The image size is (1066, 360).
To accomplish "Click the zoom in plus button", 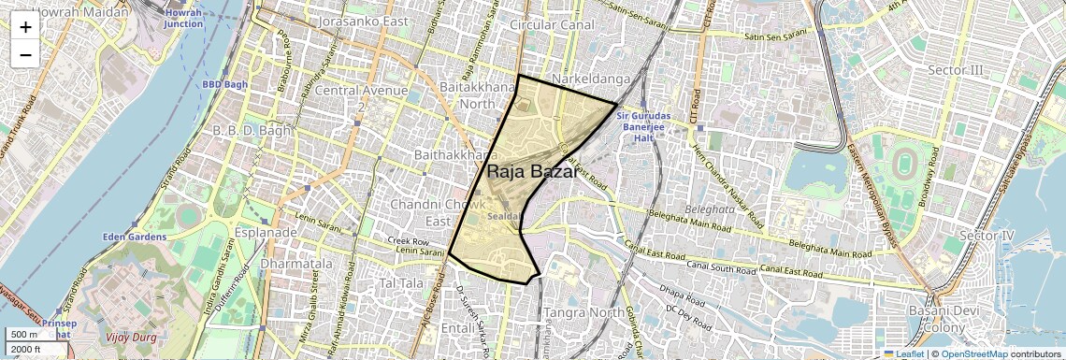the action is pyautogui.click(x=25, y=27).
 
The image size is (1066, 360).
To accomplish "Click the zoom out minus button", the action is pyautogui.click(x=25, y=54).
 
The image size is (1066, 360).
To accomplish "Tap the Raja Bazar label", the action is pyautogui.click(x=531, y=172).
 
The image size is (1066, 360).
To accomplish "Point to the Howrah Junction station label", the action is pyautogui.click(x=183, y=18).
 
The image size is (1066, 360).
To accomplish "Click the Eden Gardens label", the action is pyautogui.click(x=135, y=237).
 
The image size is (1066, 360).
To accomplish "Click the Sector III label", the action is pyautogui.click(x=956, y=70).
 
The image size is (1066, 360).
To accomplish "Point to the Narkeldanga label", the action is pyautogui.click(x=590, y=78).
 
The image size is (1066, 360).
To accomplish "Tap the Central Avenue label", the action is pyautogui.click(x=361, y=91).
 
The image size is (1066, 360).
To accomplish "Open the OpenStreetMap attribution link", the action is pyautogui.click(x=976, y=353).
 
